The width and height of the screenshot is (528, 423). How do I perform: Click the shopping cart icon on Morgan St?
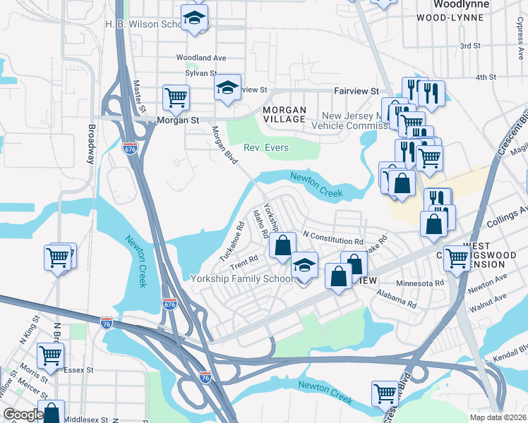(x=176, y=97)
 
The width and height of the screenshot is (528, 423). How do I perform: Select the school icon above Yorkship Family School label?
(x=304, y=265)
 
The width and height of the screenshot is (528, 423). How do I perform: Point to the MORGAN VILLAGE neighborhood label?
(x=284, y=115)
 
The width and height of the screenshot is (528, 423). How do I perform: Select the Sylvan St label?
(x=200, y=73)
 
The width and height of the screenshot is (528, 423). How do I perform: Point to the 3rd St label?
(x=469, y=46)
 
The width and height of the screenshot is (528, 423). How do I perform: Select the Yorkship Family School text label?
(x=243, y=278)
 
